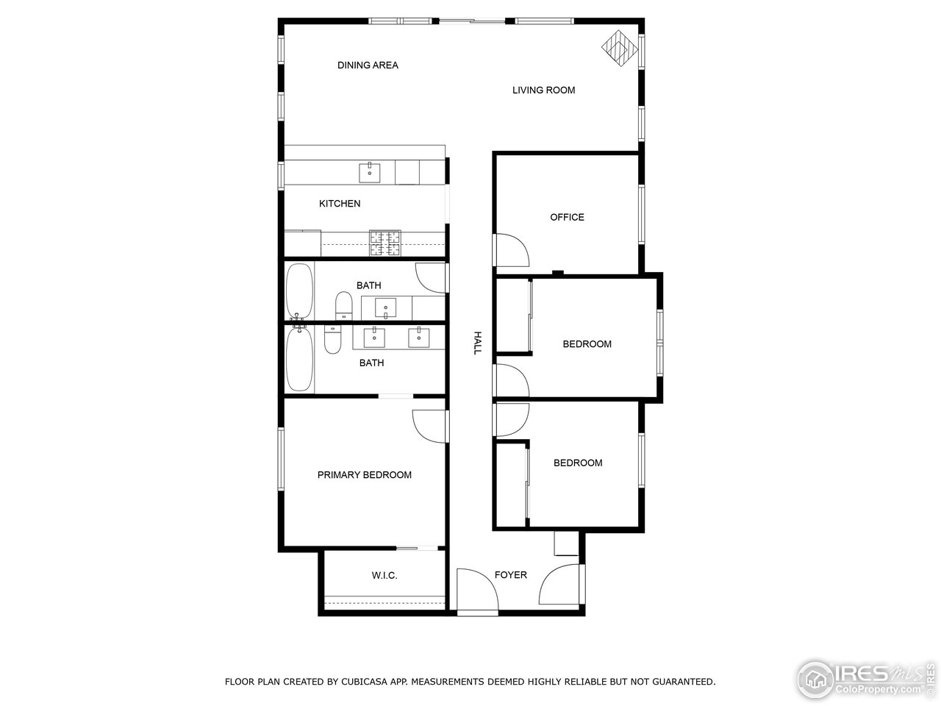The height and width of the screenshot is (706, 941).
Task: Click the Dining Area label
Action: [x=368, y=65]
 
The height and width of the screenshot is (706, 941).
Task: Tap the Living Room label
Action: [x=543, y=90]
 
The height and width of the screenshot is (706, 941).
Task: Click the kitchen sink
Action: [x=370, y=173]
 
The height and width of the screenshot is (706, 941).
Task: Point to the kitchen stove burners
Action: [x=385, y=243]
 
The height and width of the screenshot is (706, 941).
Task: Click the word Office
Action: [x=567, y=217]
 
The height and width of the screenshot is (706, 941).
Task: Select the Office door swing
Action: [x=511, y=250]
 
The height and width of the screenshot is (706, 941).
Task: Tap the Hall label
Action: [x=477, y=343]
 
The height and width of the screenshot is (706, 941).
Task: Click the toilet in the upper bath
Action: [x=343, y=306]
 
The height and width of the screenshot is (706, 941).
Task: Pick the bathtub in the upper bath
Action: [x=298, y=290]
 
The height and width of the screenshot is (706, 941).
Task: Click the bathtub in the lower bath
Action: [x=298, y=360]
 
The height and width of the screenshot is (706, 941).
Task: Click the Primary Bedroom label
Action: [x=364, y=475]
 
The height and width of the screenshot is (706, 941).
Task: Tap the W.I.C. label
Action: [x=384, y=575]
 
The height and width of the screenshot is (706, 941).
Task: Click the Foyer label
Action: [x=510, y=575]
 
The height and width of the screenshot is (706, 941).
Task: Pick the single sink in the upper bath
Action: [x=385, y=307]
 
